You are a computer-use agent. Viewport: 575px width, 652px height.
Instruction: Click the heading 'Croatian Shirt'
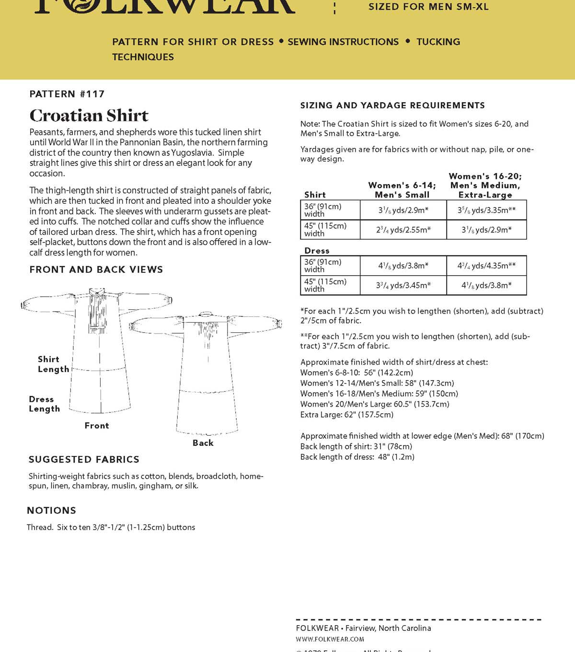pyautogui.click(x=89, y=116)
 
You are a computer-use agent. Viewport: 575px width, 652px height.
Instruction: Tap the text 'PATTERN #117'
pyautogui.click(x=67, y=94)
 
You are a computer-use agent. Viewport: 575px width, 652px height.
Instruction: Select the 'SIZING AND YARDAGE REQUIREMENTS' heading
pyautogui.click(x=392, y=105)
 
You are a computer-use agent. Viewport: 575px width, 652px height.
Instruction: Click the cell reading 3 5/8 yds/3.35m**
pyautogui.click(x=486, y=210)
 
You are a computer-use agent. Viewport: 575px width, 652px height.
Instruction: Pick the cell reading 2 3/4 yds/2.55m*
pyautogui.click(x=403, y=230)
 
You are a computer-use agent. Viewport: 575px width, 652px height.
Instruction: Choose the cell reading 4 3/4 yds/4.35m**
pyautogui.click(x=486, y=266)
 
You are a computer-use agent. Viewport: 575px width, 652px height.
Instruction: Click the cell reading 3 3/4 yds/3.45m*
pyautogui.click(x=403, y=285)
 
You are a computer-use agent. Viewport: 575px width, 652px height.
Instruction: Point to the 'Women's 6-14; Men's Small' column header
pyautogui.click(x=402, y=190)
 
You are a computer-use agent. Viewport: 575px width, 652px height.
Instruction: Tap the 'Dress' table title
pyautogui.click(x=317, y=251)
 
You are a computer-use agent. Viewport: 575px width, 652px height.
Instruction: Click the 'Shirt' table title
pyautogui.click(x=315, y=195)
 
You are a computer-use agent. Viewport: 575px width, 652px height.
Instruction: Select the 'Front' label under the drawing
pyautogui.click(x=97, y=426)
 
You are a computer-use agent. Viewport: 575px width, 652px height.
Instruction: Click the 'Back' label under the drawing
pyautogui.click(x=203, y=443)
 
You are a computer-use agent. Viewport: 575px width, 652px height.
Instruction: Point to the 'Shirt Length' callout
pyautogui.click(x=53, y=364)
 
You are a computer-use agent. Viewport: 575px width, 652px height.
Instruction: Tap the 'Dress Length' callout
pyautogui.click(x=44, y=404)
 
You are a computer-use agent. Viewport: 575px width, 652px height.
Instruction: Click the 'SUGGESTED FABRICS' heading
pyautogui.click(x=84, y=459)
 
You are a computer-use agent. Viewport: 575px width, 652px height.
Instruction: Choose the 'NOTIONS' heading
pyautogui.click(x=51, y=510)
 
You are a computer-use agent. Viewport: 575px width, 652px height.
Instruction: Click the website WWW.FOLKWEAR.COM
pyautogui.click(x=330, y=639)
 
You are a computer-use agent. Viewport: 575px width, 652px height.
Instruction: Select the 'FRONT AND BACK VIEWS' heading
pyautogui.click(x=96, y=269)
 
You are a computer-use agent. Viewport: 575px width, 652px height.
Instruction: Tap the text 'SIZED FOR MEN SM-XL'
pyautogui.click(x=428, y=7)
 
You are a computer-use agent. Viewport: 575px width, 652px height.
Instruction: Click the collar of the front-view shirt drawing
pyautogui.click(x=97, y=291)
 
